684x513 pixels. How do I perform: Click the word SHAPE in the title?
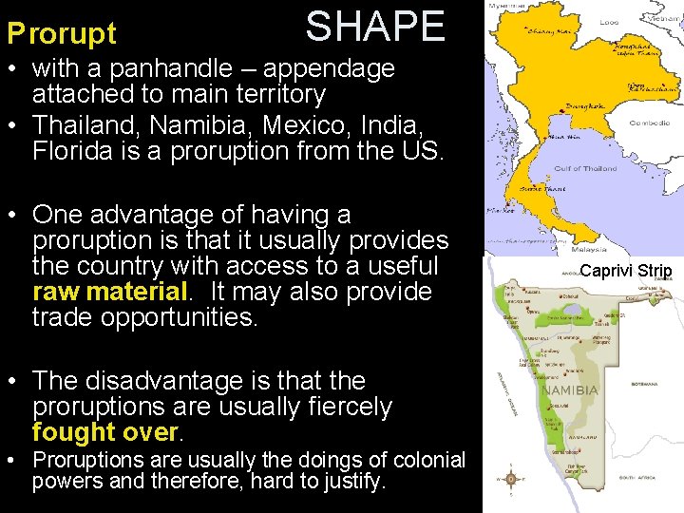click(375, 27)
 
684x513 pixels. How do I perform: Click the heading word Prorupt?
click(62, 34)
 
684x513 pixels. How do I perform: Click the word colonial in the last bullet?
click(420, 460)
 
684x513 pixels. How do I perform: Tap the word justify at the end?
click(352, 482)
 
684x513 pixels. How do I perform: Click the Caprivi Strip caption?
click(625, 271)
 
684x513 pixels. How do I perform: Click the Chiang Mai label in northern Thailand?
click(528, 31)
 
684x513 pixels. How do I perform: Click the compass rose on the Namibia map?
click(511, 479)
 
